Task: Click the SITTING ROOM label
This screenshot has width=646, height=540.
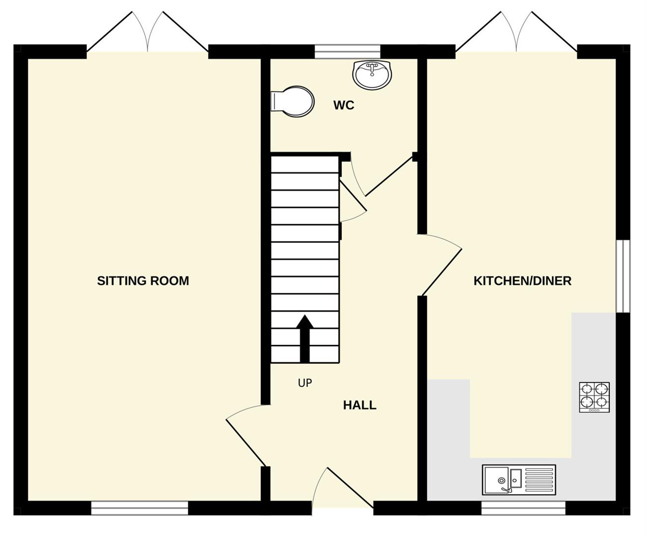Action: click(x=143, y=280)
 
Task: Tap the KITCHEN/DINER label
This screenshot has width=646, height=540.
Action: click(x=523, y=280)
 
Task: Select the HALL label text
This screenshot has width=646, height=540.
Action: click(x=359, y=405)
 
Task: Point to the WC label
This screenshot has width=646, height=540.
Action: click(x=344, y=105)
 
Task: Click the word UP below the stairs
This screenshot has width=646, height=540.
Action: click(x=305, y=383)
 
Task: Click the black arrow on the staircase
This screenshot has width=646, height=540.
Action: click(x=305, y=338)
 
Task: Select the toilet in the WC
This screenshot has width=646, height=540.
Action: click(x=292, y=101)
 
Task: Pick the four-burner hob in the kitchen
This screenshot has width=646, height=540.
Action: click(x=594, y=397)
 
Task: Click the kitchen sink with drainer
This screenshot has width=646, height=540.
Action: click(x=519, y=480)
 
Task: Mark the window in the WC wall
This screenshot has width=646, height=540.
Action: click(x=347, y=52)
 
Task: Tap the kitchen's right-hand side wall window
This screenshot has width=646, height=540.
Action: click(x=623, y=276)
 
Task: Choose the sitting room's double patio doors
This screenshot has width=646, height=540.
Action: click(x=148, y=32)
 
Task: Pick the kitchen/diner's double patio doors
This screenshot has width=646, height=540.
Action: click(x=516, y=32)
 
